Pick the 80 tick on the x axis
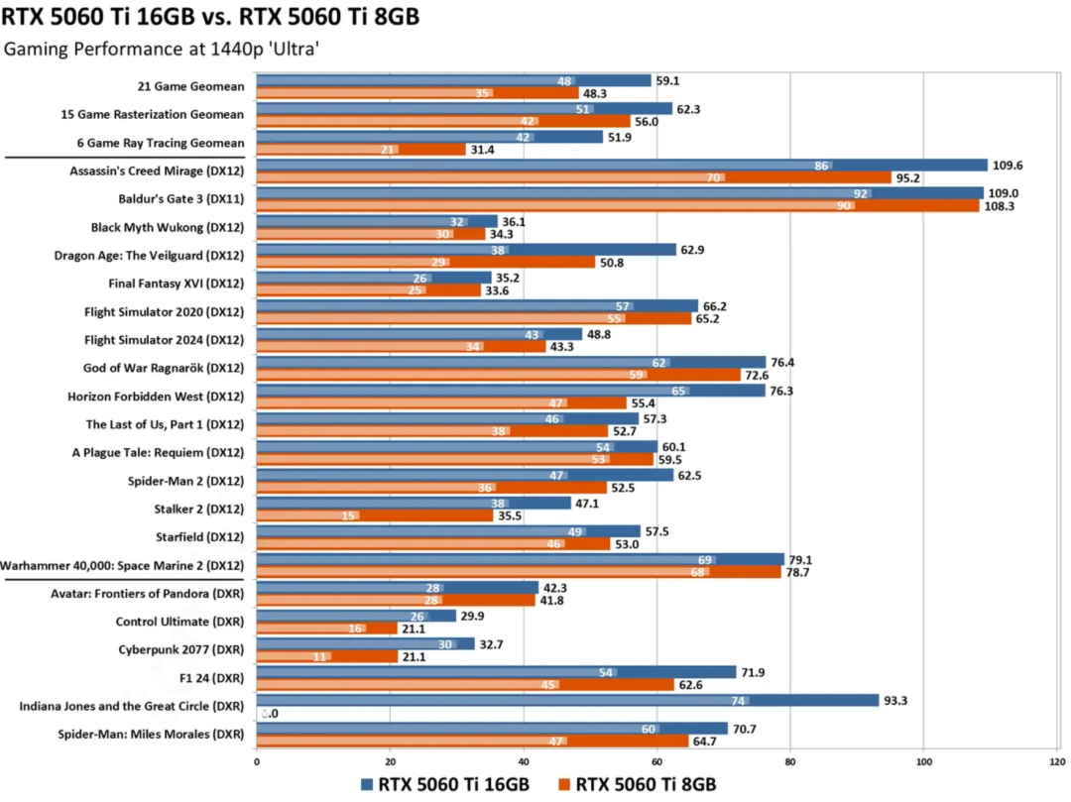click(789, 761)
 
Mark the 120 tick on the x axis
click(1055, 761)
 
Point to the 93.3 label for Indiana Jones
click(898, 700)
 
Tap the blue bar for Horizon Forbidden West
click(511, 391)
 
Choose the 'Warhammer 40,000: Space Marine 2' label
click(122, 566)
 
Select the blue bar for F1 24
click(496, 672)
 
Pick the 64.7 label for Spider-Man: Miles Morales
click(708, 742)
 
